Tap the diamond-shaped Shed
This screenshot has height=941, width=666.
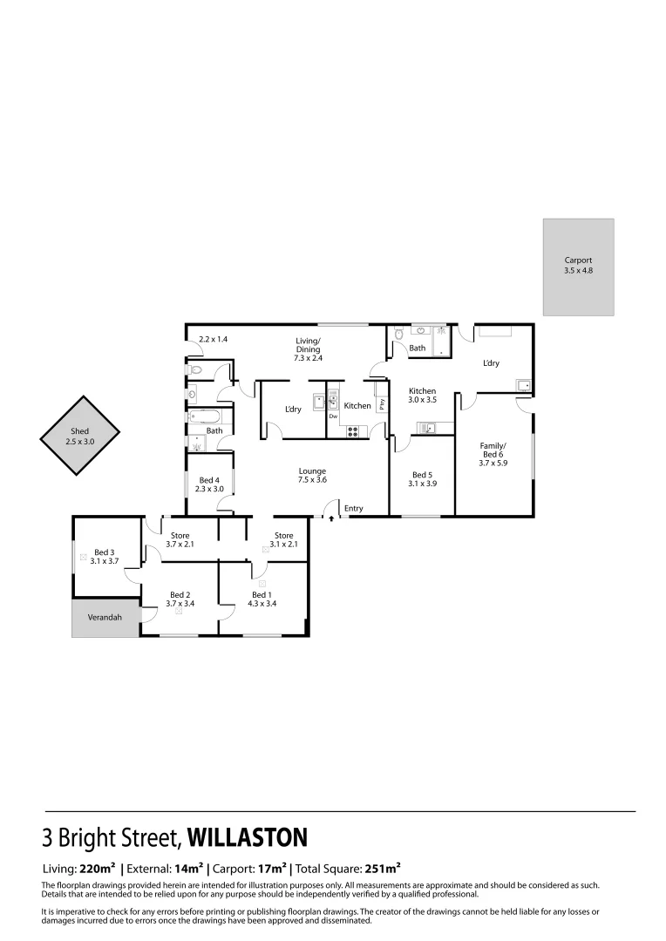80,437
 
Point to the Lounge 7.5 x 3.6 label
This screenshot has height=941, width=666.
311,476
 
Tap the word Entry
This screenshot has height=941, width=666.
353,509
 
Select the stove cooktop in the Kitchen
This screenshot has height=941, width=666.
353,430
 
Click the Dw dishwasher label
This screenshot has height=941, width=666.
333,416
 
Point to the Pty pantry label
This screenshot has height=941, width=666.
381,403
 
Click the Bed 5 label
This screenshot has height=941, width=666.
422,479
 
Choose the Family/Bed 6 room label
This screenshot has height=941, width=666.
492,454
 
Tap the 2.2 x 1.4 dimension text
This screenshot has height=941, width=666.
213,339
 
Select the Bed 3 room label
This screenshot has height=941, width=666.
104,556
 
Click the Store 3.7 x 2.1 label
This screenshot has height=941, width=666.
180,539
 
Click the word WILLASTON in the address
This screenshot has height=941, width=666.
248,838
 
